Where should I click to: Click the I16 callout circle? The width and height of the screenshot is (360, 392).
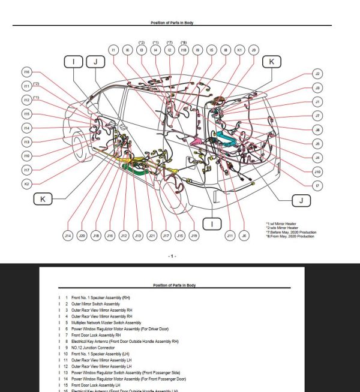pos(26,71)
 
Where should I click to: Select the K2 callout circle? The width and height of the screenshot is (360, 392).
pos(26,183)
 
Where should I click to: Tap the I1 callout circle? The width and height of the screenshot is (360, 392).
pos(113,50)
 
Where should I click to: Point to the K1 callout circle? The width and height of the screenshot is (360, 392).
pos(239,50)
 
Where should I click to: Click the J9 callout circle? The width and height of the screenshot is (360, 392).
pos(254,50)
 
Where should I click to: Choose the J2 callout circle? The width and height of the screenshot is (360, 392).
pos(317,74)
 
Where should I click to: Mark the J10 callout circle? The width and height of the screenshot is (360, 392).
pos(317,172)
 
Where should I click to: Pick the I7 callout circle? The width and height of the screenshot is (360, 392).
pos(317,186)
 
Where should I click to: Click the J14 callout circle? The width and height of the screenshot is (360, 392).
pos(68,236)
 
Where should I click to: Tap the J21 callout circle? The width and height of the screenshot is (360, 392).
pos(152,236)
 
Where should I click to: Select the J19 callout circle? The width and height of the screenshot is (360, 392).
pos(194,236)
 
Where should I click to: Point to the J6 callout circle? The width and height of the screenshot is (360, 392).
pos(244,236)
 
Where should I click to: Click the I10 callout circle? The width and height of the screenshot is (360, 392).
pos(26,156)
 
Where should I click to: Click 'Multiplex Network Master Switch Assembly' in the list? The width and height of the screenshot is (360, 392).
pos(106,322)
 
